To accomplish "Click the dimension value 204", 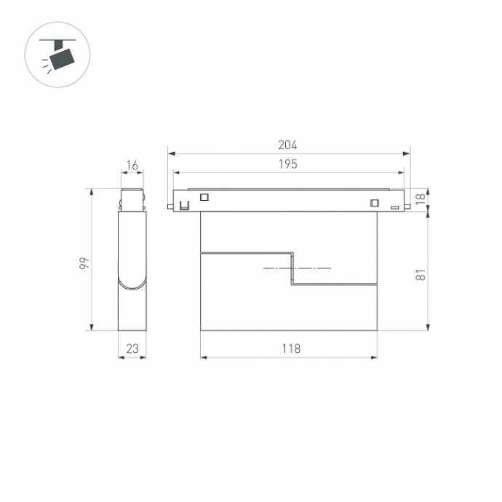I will coord(288,146).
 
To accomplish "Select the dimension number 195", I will coord(288,164).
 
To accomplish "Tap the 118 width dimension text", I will coord(291,348).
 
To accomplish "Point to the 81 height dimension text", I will coord(420,274).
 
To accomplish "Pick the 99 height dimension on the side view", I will coord(84,262).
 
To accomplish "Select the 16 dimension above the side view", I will coord(132,166).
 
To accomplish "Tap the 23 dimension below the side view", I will coord(132,348).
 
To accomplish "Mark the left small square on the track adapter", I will coord(204,196).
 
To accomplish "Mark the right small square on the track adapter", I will coord(375,203).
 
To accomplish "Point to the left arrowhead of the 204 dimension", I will coord(171,154).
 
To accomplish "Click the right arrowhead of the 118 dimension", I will coord(375,357).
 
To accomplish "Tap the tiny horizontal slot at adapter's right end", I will coord(395,208).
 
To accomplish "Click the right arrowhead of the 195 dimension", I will coord(402,172).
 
